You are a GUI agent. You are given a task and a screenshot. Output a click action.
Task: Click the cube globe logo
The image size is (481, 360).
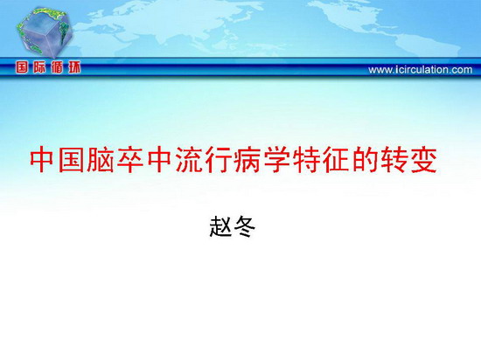(x=45, y=32)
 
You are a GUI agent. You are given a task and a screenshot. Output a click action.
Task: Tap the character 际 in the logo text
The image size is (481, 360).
(x=39, y=67)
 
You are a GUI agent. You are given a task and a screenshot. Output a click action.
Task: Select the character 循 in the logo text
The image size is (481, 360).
(x=57, y=67)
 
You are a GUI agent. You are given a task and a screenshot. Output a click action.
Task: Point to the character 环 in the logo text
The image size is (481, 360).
(x=74, y=67)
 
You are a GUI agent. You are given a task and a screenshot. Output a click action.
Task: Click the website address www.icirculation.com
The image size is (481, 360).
(x=421, y=70)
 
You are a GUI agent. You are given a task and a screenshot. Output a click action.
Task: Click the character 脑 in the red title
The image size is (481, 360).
(x=100, y=160)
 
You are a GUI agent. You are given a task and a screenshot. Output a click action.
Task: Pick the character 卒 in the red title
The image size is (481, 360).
(x=129, y=160)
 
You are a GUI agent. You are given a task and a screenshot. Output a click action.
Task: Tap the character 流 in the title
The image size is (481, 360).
(x=188, y=160)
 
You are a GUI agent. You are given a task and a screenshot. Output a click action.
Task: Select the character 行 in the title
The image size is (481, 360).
(x=218, y=160)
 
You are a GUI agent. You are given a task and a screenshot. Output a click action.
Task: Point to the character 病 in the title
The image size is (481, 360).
(x=247, y=160)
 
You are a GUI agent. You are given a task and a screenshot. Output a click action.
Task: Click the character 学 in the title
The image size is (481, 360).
(x=276, y=160)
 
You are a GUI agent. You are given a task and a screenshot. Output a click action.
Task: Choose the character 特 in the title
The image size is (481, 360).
(x=306, y=160)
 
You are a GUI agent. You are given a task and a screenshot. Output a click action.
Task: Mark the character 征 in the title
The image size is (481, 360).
(x=336, y=160)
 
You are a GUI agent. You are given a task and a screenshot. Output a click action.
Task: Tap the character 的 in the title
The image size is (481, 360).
(x=365, y=160)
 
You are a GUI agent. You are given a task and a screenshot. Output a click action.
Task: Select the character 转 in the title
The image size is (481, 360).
(x=394, y=160)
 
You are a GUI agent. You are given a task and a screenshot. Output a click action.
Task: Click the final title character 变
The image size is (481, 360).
(x=424, y=160)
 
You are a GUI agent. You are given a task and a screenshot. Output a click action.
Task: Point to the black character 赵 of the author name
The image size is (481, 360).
(x=220, y=227)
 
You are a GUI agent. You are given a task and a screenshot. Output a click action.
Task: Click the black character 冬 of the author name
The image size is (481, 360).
(x=245, y=227)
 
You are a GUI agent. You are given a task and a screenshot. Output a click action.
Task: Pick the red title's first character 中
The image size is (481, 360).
(x=42, y=160)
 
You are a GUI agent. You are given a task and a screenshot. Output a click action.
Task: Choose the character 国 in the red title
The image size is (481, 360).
(x=71, y=160)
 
